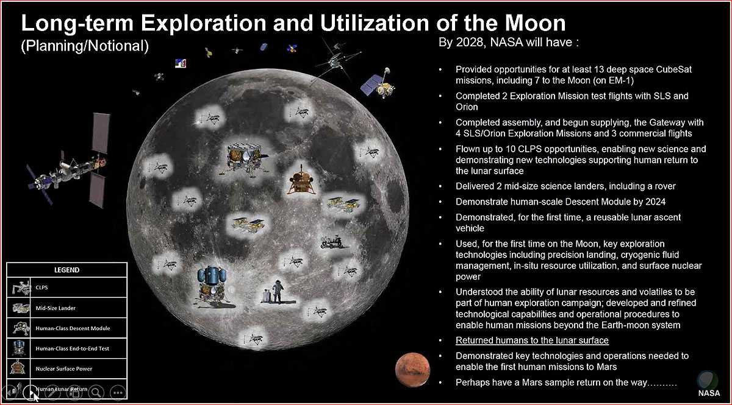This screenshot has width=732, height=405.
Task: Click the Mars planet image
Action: [x=412, y=370]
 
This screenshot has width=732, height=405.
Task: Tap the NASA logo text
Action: [x=709, y=393]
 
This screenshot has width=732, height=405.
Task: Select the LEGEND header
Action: [x=66, y=270]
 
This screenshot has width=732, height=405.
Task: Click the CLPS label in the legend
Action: [x=41, y=287]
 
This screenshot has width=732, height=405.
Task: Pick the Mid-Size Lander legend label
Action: [x=56, y=308]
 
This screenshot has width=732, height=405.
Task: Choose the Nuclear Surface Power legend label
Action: [x=63, y=369]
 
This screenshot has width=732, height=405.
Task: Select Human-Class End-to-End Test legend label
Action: [x=72, y=348]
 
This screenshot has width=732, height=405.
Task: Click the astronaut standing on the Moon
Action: [x=278, y=291]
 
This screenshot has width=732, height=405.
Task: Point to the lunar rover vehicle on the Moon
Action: [x=331, y=242]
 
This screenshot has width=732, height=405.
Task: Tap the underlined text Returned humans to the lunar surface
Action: [x=532, y=340]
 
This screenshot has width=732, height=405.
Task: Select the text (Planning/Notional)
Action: [x=85, y=46]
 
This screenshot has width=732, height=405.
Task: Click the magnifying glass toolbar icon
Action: [x=96, y=393]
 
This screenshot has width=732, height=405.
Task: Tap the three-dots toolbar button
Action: [x=118, y=393]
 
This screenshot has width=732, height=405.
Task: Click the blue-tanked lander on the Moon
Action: [x=212, y=286]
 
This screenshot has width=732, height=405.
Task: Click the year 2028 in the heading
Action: [x=468, y=43]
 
